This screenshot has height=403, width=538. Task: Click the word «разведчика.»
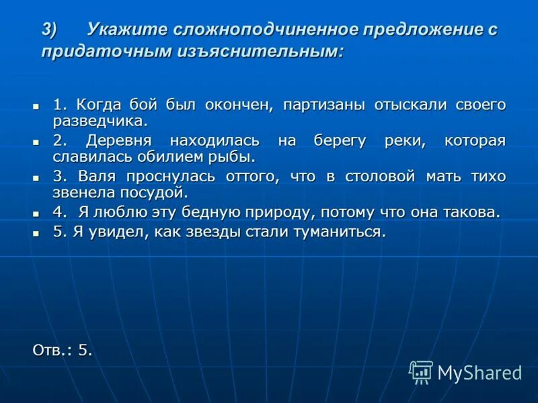[x=100, y=122]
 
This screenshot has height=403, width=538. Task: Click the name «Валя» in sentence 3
[x=97, y=176]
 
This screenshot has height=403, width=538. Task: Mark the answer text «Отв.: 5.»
[x=63, y=349]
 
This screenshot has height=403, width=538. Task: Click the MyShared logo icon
[x=421, y=371]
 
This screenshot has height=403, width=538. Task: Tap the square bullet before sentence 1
[x=37, y=106]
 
